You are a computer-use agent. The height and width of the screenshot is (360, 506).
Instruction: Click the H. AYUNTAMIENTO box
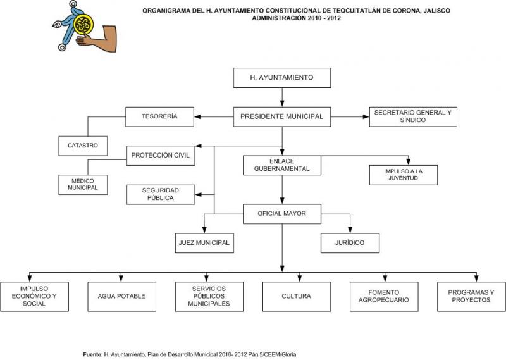click(x=282, y=78)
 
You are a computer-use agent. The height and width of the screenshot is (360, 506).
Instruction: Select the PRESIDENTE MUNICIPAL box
click(x=282, y=116)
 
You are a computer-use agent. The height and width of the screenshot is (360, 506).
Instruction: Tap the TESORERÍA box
click(x=160, y=116)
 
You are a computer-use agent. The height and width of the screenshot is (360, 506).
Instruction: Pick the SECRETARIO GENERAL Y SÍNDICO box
click(x=413, y=116)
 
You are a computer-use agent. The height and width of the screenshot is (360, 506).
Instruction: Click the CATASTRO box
click(x=83, y=146)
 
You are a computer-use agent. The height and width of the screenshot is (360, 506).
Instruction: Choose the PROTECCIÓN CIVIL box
click(x=161, y=156)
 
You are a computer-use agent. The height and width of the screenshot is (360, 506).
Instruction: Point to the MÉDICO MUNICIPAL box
click(x=83, y=185)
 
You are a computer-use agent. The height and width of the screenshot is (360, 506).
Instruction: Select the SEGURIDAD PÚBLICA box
click(x=161, y=195)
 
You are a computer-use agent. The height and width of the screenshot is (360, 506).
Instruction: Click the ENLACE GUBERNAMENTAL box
click(x=282, y=165)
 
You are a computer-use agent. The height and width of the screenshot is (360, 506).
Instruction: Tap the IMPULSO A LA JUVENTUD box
click(x=404, y=175)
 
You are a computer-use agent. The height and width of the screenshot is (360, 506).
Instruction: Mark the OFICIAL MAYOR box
click(x=282, y=214)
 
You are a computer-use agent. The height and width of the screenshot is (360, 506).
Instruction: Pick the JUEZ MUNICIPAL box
click(x=204, y=243)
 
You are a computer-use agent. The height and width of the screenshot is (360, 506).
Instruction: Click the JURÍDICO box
click(x=350, y=243)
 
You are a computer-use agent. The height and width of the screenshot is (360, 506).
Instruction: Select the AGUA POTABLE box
click(x=121, y=296)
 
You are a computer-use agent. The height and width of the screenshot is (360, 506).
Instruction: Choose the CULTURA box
click(x=297, y=296)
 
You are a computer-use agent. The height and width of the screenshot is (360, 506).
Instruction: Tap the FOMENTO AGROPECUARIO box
click(x=384, y=296)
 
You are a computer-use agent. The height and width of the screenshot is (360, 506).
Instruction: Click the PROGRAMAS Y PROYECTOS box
click(x=471, y=296)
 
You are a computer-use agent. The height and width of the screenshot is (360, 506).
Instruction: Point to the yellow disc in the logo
click(x=83, y=24)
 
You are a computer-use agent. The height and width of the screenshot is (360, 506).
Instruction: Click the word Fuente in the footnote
click(x=92, y=354)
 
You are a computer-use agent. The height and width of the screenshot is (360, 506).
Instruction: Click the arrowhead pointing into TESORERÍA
click(x=197, y=116)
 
